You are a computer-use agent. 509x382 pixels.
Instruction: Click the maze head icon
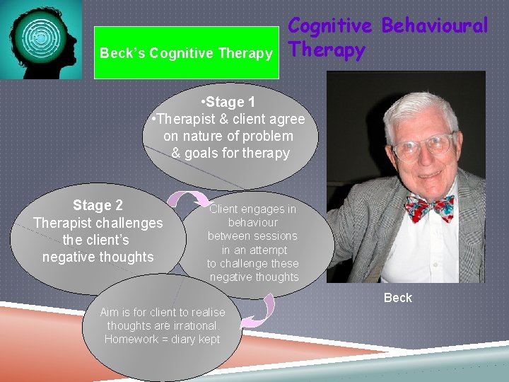click(41, 39)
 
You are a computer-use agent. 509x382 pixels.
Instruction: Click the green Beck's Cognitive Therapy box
click(186, 52)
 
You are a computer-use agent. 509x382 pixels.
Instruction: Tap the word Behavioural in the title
click(434, 25)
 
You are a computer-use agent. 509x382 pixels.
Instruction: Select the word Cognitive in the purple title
click(330, 25)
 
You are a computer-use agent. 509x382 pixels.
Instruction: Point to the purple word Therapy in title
click(327, 50)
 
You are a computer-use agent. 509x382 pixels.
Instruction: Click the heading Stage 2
click(98, 205)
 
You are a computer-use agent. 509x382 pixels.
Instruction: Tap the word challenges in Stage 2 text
click(128, 223)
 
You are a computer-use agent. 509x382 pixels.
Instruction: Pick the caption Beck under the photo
click(397, 298)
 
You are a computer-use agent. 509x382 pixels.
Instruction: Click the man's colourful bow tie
click(429, 207)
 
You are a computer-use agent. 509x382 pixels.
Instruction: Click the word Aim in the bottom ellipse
click(110, 313)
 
